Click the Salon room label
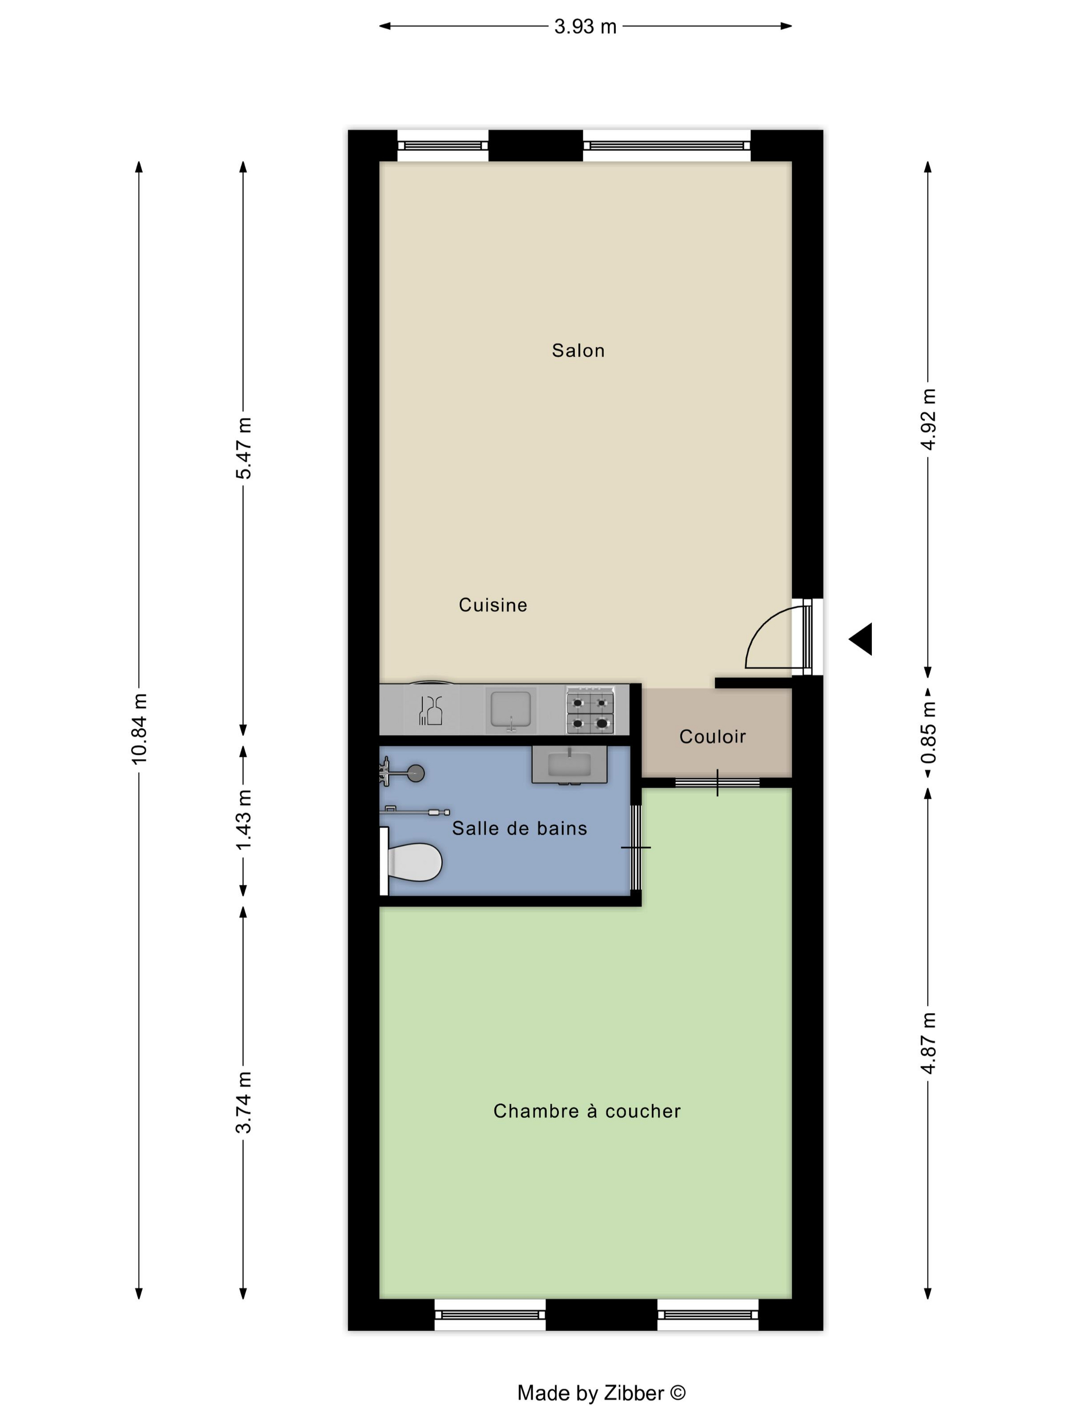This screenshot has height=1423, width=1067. click(x=578, y=351)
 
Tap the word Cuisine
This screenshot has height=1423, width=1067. click(x=493, y=605)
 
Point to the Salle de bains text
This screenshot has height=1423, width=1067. click(x=519, y=828)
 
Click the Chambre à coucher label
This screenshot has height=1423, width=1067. click(x=586, y=1111)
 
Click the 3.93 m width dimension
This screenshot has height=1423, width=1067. click(x=585, y=26)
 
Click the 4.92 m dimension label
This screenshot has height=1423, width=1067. click(x=928, y=419)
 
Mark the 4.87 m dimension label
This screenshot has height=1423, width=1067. click(x=928, y=1043)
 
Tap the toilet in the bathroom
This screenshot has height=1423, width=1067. click(x=414, y=861)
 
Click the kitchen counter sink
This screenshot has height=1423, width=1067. click(x=511, y=710)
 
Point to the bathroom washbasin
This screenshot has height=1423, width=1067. click(x=569, y=765)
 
